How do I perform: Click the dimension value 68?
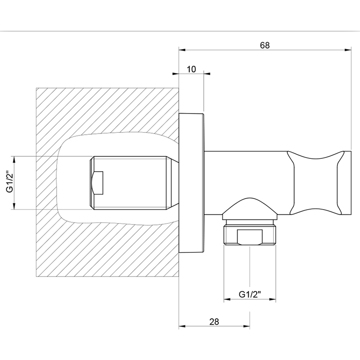tap(265, 45)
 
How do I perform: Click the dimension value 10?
tap(191, 69)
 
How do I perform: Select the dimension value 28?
tap(214, 321)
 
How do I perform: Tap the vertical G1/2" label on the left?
tap(9, 183)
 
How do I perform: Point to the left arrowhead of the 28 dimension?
tap(183, 326)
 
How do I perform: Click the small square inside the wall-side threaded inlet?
tap(97, 183)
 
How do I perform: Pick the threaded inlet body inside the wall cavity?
tap(131, 183)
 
